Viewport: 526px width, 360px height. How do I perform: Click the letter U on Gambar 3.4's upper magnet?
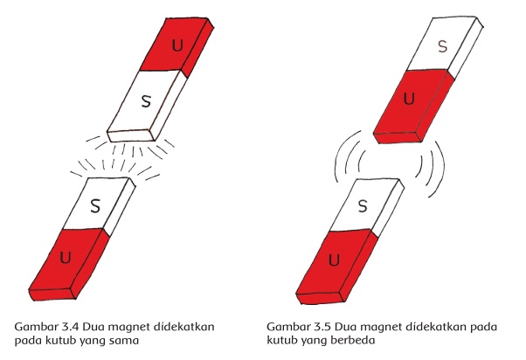click(x=178, y=44)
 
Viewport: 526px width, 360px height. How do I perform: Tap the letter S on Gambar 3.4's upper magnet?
click(x=146, y=102)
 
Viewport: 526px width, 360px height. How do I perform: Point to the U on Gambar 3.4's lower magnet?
click(x=66, y=260)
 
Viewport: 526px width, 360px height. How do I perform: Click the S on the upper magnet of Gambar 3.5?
click(x=443, y=45)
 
